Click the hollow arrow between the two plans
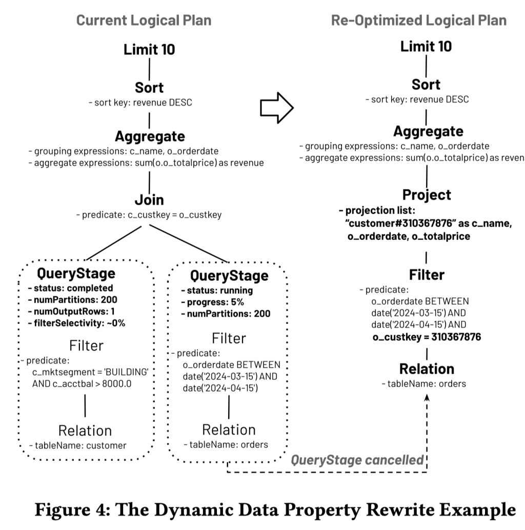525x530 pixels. [276, 108]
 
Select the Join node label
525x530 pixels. [149, 199]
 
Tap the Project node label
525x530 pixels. [427, 195]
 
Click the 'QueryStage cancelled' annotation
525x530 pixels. [357, 460]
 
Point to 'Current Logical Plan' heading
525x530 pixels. [144, 21]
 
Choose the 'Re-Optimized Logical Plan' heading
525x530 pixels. [419, 21]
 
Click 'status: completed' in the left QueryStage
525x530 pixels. [70, 288]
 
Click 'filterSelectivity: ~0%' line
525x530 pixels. [76, 323]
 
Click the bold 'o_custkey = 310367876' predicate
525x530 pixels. [427, 337]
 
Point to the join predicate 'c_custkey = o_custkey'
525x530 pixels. [149, 215]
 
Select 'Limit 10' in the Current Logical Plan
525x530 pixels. [149, 49]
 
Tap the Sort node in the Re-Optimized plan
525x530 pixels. [426, 85]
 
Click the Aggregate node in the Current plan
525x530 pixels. [149, 137]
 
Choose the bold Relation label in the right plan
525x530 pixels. [427, 369]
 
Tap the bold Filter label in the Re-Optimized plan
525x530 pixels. [427, 275]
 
